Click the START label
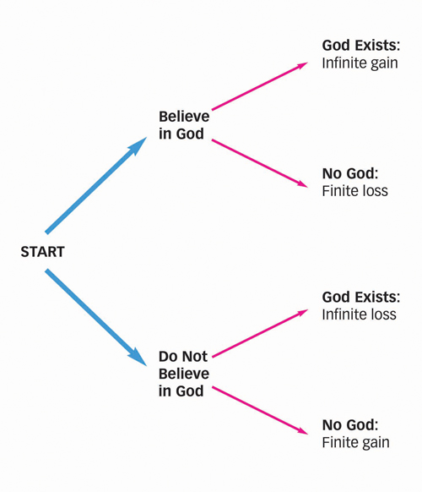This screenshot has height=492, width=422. click(42, 252)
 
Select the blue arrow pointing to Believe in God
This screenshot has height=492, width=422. click(96, 185)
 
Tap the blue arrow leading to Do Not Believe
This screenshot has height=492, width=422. click(96, 317)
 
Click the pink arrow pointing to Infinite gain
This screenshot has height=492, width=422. click(260, 86)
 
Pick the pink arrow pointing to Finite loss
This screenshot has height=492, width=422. click(260, 163)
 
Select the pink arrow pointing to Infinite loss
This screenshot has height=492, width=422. click(260, 334)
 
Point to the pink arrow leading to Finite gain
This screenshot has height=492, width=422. click(260, 410)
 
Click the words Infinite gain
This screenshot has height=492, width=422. click(360, 63)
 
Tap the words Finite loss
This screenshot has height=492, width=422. click(355, 191)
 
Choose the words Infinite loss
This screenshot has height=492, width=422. click(359, 314)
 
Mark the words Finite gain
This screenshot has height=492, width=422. click(356, 443)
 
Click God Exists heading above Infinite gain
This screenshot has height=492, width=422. click(361, 46)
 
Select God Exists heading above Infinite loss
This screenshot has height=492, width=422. click(361, 298)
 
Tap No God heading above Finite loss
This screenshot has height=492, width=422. click(350, 173)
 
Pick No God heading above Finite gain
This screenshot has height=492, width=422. click(350, 425)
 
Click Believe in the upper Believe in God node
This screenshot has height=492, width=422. click(184, 117)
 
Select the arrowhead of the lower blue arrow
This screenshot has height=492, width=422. click(138, 357)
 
